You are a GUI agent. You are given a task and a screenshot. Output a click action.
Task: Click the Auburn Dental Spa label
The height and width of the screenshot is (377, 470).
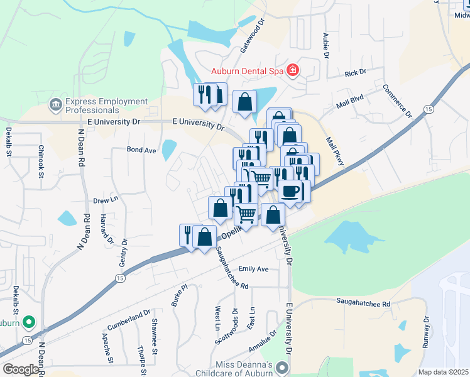tap(248, 70)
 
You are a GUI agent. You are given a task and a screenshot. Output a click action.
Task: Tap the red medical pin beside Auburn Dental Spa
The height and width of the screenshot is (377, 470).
tap(293, 70)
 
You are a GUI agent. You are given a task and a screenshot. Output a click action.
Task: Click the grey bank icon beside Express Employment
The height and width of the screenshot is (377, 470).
tap(55, 104)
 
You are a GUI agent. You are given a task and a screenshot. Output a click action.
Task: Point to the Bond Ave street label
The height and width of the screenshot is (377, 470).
tap(141, 150)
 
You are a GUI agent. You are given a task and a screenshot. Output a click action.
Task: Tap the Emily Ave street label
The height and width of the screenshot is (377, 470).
tap(253, 269)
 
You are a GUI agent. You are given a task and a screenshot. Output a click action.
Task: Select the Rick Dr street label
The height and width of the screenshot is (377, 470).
tap(355, 74)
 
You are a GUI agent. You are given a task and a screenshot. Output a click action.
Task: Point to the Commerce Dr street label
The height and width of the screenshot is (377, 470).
tap(396, 101)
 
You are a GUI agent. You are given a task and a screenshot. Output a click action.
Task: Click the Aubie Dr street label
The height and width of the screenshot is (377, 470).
tap(326, 45)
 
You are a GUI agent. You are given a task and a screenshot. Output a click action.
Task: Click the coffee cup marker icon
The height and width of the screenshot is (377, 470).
tap(290, 191)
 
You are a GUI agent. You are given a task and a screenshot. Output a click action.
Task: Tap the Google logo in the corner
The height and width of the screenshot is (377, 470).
tap(21, 369)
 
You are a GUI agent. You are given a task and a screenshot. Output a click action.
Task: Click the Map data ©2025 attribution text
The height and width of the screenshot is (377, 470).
tap(443, 372)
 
